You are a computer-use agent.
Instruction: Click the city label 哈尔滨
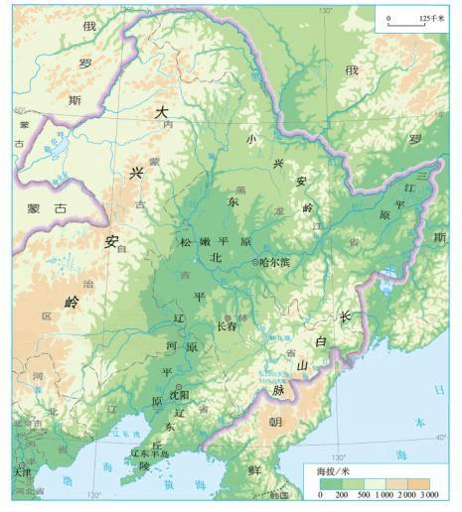[276, 263]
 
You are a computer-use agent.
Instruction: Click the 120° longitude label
[93, 495]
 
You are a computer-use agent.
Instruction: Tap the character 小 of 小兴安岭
[251, 139]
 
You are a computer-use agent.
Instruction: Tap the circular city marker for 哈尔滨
[256, 263]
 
